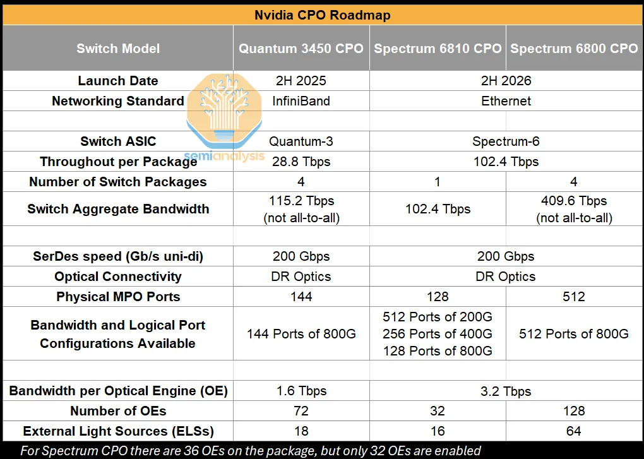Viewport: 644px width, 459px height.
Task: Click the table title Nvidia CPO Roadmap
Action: point(322,15)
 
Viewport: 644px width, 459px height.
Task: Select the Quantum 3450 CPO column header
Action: point(301,49)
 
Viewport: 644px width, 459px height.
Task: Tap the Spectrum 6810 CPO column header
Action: point(438,49)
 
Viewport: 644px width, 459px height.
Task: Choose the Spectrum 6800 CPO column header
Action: point(574,49)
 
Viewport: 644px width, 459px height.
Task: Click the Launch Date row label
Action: point(118,81)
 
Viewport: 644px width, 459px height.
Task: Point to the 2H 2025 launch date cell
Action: point(301,81)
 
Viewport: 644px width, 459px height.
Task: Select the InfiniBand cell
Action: point(301,101)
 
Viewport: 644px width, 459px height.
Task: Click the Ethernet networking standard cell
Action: point(506,101)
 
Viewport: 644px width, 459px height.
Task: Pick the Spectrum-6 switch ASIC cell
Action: point(506,141)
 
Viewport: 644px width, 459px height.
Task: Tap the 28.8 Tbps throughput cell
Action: point(301,162)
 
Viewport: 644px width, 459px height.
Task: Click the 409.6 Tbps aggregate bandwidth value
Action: point(574,201)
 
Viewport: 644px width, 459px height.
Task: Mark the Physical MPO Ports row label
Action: point(118,297)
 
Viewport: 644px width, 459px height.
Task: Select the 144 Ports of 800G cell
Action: point(301,334)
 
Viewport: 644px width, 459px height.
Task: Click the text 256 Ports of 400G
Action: point(438,334)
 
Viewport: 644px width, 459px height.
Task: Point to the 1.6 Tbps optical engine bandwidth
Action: point(301,391)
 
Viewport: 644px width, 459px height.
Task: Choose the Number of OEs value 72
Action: point(301,411)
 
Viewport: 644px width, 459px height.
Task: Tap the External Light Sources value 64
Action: point(574,431)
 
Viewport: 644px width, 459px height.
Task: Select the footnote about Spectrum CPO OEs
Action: point(250,451)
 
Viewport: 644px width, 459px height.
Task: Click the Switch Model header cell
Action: point(118,49)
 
